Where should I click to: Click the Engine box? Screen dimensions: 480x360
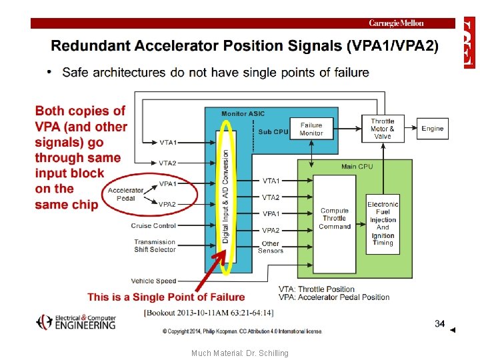(x=432, y=128)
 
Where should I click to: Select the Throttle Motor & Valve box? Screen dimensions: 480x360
(x=382, y=129)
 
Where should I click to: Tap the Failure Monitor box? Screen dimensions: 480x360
(x=311, y=129)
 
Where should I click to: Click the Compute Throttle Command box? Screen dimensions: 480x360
(x=334, y=218)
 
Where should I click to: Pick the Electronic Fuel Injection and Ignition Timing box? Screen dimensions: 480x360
(x=383, y=223)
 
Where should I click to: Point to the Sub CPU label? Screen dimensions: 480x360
(x=273, y=131)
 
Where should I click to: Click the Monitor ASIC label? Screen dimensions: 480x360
(x=243, y=114)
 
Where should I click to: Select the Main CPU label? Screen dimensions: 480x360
(x=357, y=166)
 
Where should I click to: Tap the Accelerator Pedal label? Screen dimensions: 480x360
(x=125, y=194)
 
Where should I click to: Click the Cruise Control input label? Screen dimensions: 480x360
(x=153, y=225)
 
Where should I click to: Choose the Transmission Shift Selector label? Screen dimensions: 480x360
(x=155, y=245)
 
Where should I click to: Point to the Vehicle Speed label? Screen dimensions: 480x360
(x=153, y=281)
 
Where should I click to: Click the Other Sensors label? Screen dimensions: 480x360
(x=271, y=247)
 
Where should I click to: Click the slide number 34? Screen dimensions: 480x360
(x=439, y=323)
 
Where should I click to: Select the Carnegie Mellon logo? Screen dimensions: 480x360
(x=396, y=23)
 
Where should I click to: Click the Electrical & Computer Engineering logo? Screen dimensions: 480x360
(x=76, y=322)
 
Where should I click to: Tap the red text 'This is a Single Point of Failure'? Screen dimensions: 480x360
(x=166, y=297)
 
